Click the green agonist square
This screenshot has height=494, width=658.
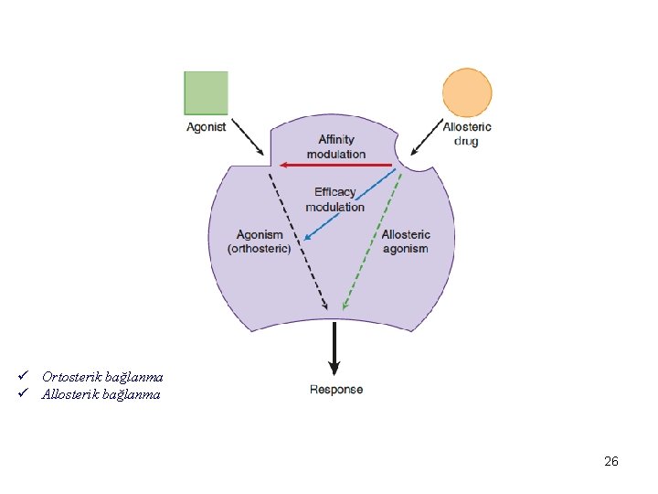(206, 92)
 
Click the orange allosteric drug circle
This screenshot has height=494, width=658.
(467, 92)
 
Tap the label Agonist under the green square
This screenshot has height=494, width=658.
(206, 127)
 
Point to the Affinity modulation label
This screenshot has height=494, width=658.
(336, 146)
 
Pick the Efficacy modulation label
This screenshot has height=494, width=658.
(335, 199)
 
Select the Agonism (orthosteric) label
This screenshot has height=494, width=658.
(260, 242)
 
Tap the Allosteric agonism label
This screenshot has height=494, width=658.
(406, 242)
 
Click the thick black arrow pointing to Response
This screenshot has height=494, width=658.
(335, 348)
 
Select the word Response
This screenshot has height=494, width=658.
(336, 390)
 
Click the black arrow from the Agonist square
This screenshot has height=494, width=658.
(247, 136)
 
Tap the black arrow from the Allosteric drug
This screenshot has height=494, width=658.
(426, 136)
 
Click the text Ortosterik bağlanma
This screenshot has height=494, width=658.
(102, 377)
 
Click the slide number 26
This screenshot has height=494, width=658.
(611, 461)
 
